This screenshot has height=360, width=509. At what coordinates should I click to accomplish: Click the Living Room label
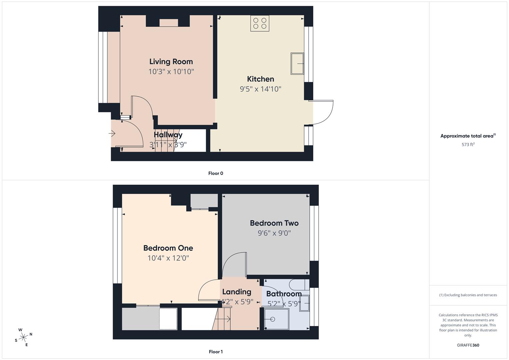tap(171, 62)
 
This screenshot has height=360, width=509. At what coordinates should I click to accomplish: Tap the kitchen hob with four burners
tap(260, 23)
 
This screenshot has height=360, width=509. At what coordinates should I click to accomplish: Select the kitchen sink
tap(297, 63)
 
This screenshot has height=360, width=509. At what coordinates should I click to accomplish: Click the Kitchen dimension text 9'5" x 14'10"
tap(260, 89)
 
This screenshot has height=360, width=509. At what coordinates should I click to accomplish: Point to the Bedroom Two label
tap(274, 223)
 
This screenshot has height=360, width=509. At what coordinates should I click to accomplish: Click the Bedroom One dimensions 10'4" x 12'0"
tap(168, 258)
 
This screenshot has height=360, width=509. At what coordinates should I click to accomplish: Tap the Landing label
tap(237, 292)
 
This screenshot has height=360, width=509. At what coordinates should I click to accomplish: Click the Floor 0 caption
tap(216, 173)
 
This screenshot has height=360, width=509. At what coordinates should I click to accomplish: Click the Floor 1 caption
tap(216, 352)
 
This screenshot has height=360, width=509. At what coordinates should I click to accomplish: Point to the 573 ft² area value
tap(468, 145)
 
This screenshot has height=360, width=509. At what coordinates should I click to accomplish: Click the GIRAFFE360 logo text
tap(468, 345)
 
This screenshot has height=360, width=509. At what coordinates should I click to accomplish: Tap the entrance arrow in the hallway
tap(112, 134)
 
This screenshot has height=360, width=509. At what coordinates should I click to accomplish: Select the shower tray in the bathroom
tap(276, 319)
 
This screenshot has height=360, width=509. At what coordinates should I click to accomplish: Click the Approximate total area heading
tap(468, 136)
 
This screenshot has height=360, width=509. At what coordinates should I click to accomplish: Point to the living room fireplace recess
tap(169, 23)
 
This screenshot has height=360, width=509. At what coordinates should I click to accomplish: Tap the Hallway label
tap(168, 135)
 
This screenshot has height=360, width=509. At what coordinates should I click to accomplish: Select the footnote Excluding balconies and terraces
tap(468, 295)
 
